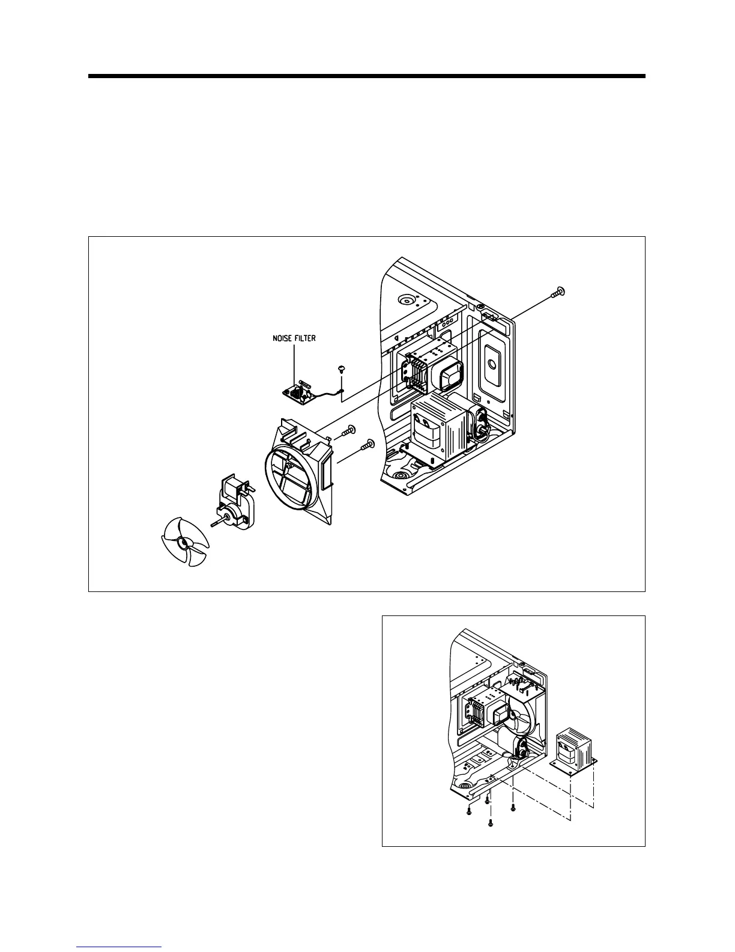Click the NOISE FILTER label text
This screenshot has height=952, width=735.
pos(291,338)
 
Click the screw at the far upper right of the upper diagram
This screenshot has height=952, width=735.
pos(558,293)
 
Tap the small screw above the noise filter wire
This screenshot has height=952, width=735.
pos(341,368)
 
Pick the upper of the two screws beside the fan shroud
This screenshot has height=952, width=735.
pos(349,430)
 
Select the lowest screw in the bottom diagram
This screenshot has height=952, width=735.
pos(490,822)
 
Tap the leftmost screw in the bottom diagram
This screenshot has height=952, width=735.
pos(468,812)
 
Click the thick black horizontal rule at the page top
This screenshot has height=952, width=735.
pos(366,76)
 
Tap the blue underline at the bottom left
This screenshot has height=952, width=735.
pos(119,947)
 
